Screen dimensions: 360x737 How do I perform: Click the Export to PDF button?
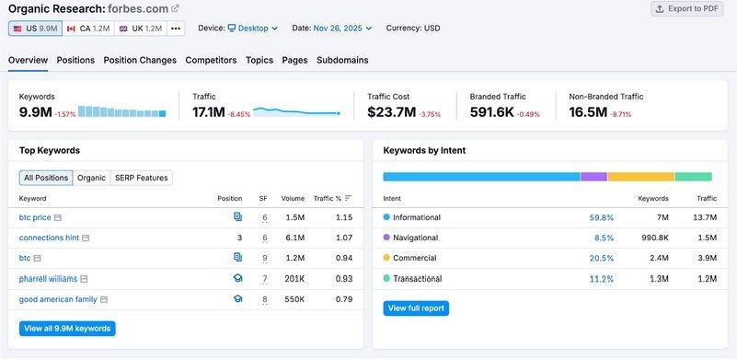point(688,8)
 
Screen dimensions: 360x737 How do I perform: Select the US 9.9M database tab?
point(34,29)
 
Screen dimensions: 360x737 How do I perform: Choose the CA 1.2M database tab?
point(87,29)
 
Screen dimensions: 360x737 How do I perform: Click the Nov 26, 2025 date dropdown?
point(342,29)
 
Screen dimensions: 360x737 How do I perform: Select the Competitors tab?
point(211,60)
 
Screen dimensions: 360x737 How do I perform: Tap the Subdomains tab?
point(342,60)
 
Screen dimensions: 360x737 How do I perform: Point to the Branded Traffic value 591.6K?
point(491,112)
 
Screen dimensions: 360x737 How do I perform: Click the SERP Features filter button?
point(142,178)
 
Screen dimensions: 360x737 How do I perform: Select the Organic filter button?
point(91,178)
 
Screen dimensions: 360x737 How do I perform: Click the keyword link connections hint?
point(49,238)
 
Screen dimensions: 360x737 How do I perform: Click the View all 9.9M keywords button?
point(67,329)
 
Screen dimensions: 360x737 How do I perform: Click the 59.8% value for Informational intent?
point(601,217)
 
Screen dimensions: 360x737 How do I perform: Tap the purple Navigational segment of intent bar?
point(593,176)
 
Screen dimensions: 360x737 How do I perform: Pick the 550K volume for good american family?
point(294,299)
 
